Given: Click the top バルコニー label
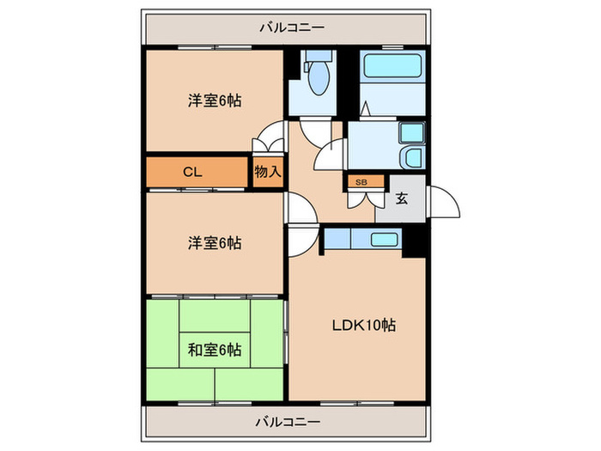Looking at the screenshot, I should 292,27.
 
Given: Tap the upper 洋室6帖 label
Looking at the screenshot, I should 215,101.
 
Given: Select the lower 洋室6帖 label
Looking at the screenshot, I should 215,243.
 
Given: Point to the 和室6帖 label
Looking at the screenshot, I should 215,350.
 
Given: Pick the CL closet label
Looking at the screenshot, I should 192,172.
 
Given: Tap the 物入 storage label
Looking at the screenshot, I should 268,172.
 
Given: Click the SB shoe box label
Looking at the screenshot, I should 361,182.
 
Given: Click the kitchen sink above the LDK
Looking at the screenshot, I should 384,239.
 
